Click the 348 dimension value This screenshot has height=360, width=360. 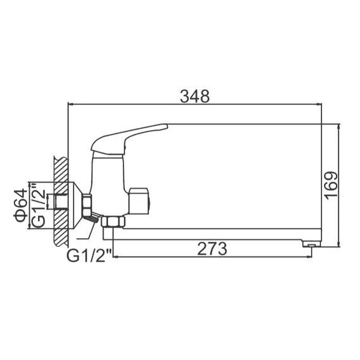tap(195, 96)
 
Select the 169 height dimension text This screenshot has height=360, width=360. tap(333, 184)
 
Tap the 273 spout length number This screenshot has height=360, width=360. tap(212, 248)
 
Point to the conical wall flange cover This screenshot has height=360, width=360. tap(74, 203)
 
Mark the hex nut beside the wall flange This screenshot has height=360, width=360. tap(87, 203)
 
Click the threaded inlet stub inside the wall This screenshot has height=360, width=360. tap(61, 203)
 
